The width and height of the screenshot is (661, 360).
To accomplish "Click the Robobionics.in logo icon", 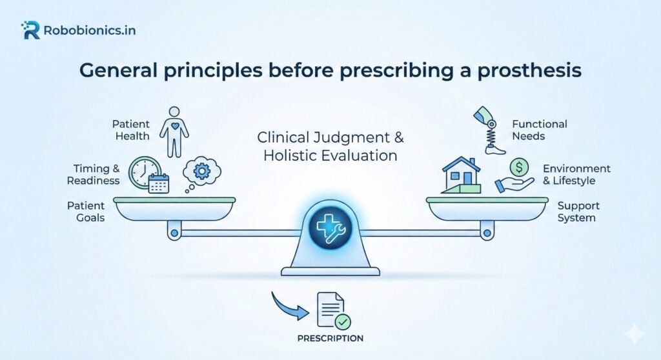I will pos(30,30).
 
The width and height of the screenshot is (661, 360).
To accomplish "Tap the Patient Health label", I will pos(130,130).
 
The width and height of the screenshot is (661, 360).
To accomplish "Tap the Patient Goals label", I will pos(86,212).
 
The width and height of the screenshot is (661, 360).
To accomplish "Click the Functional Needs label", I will pos(539,130).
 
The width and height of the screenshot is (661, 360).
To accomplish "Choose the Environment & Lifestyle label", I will pos(576,174).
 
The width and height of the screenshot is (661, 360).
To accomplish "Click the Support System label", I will pos(578,212).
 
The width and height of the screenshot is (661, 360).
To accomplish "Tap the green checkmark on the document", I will pos(343,321).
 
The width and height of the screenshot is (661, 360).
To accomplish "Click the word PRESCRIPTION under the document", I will pos(330,338).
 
